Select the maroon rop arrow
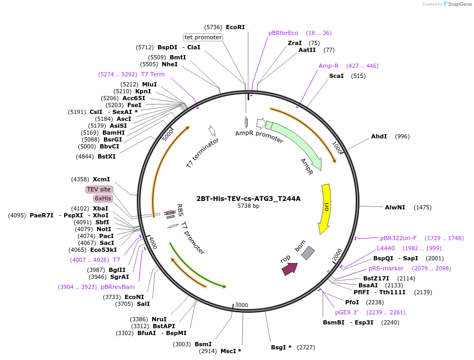pyautogui.click(x=289, y=269)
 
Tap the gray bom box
pyautogui.click(x=308, y=253)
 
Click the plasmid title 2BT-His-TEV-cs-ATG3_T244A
pyautogui.click(x=249, y=199)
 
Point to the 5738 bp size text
pyautogui.click(x=249, y=206)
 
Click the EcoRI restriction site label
pyautogui.click(x=235, y=27)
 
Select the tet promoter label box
pyautogui.click(x=203, y=37)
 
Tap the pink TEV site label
pyautogui.click(x=99, y=189)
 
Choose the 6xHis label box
pyautogui.click(x=103, y=199)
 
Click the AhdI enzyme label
pyautogui.click(x=379, y=136)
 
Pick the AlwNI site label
pyautogui.click(x=395, y=207)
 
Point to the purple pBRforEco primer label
pyautogui.click(x=283, y=33)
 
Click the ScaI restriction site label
pyautogui.click(x=337, y=76)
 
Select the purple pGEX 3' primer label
pyautogui.click(x=346, y=312)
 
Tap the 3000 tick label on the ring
pyautogui.click(x=242, y=305)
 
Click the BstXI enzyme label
pyautogui.click(x=107, y=156)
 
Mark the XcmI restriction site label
pyautogui.click(x=101, y=179)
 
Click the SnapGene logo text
pyautogui.click(x=460, y=4)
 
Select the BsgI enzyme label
pyautogui.click(x=278, y=347)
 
